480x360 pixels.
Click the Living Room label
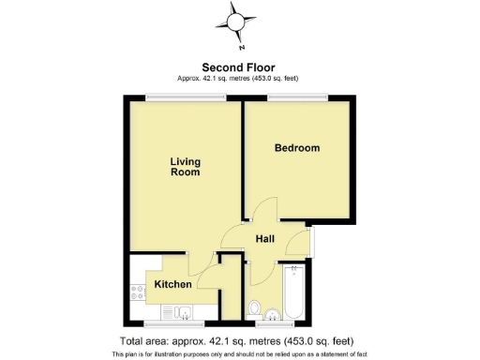(x=186, y=167)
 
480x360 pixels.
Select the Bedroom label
(x=296, y=148)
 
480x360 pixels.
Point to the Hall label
(x=264, y=240)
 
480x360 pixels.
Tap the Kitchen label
(x=173, y=284)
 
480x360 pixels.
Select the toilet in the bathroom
(x=254, y=307)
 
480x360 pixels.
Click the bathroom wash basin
(x=273, y=313)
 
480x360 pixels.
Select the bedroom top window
(x=301, y=96)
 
